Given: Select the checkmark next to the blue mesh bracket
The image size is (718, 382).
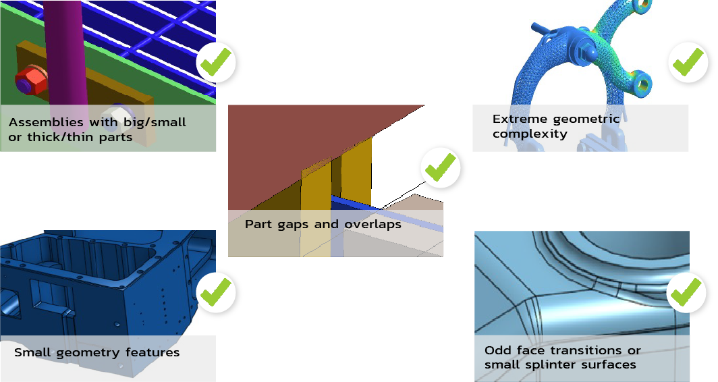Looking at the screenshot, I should (688, 61).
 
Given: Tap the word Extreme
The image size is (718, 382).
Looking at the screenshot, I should (519, 119).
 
